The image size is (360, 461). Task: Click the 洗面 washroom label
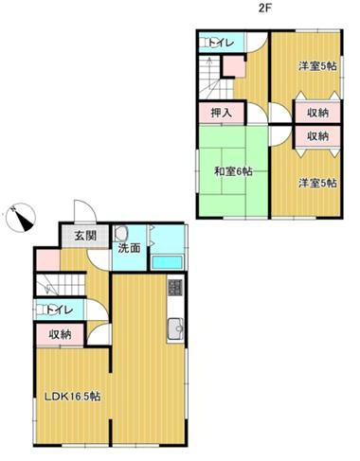point(129,249)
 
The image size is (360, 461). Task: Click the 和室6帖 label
point(231,171)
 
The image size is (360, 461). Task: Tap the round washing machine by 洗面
point(122,233)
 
